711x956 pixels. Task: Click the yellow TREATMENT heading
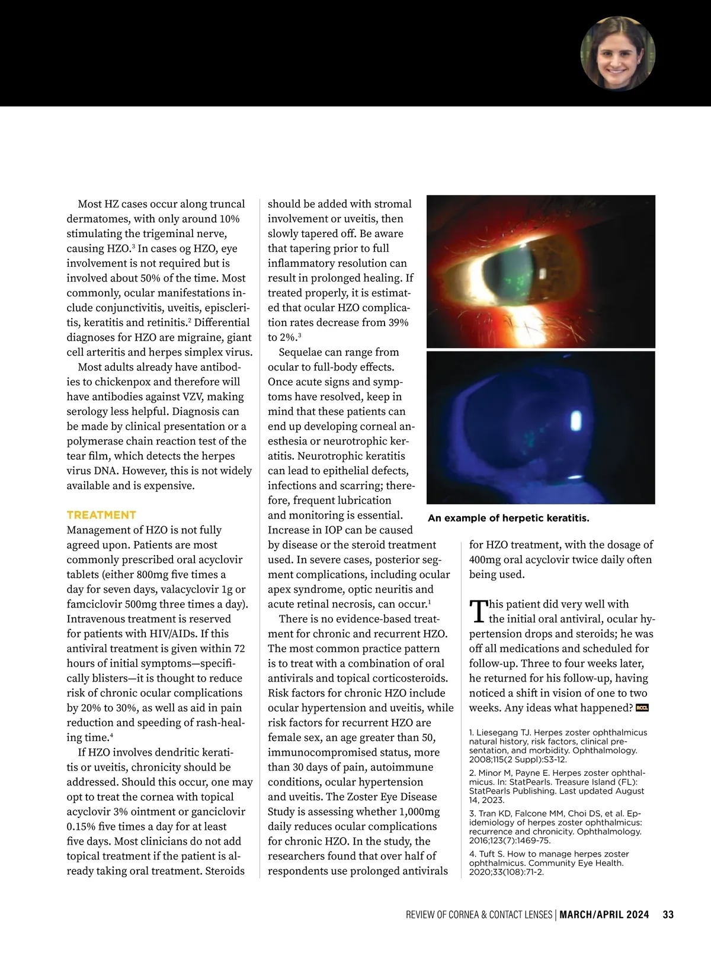point(101,514)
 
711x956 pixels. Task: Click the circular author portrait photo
point(617,53)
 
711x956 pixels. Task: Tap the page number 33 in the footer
point(668,915)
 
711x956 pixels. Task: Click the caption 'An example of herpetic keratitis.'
point(508,518)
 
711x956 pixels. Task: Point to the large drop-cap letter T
point(478,611)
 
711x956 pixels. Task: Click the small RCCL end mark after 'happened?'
point(642,708)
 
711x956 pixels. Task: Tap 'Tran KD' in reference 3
point(495,814)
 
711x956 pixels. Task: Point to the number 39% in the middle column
point(396,322)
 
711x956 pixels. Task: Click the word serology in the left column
point(89,411)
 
